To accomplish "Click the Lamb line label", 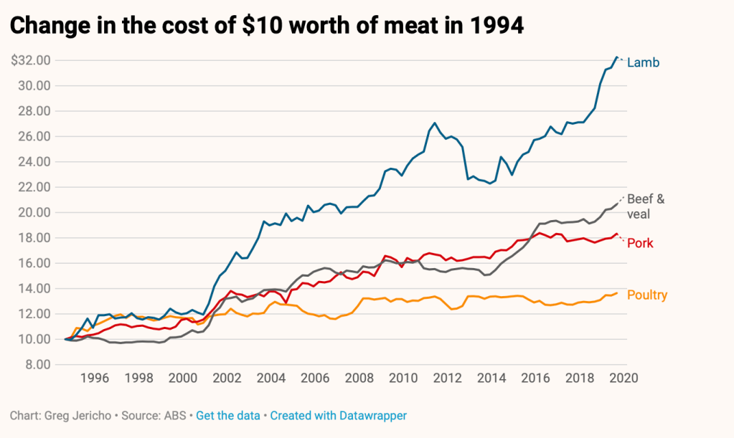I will tap(643, 63).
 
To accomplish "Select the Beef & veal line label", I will tap(646, 206).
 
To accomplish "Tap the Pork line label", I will tap(640, 243).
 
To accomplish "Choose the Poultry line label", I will tap(647, 295).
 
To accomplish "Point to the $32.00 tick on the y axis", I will tap(30, 60).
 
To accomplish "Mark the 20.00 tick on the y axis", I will tap(33, 212).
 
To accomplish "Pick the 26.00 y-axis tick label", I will tap(33, 136).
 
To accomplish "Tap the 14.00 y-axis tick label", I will tap(33, 288).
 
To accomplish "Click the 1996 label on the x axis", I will tap(95, 379).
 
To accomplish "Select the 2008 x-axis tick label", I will tap(358, 379).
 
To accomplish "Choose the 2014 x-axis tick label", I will tap(490, 379).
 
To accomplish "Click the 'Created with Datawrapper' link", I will tap(339, 416).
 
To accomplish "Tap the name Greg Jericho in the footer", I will tap(74, 416).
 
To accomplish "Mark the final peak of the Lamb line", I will tap(616, 57).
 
